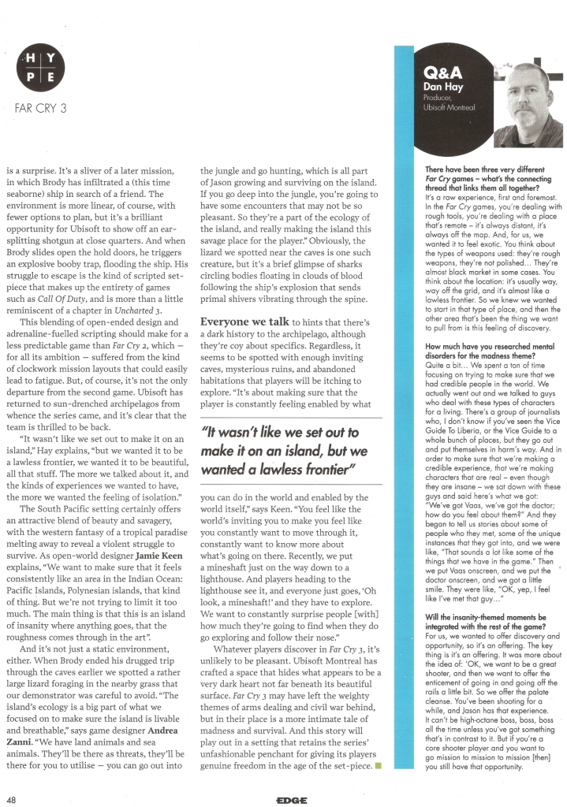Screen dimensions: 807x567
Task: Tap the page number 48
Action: tap(12, 796)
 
